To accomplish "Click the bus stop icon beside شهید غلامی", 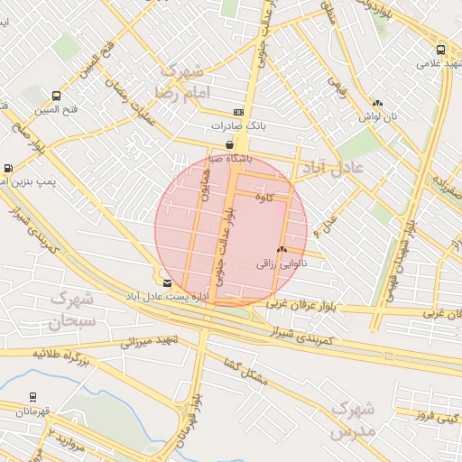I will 440,51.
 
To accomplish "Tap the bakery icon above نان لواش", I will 377,104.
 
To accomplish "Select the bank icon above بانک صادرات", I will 237,112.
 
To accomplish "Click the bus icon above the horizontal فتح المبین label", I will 57,97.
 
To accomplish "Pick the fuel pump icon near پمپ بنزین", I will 9,168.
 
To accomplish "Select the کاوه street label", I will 263,196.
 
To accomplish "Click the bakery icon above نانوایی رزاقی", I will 282,250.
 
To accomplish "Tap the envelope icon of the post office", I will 167,282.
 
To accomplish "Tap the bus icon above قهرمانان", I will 32,396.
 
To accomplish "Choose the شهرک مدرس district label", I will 353,420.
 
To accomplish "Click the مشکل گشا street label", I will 245,368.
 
